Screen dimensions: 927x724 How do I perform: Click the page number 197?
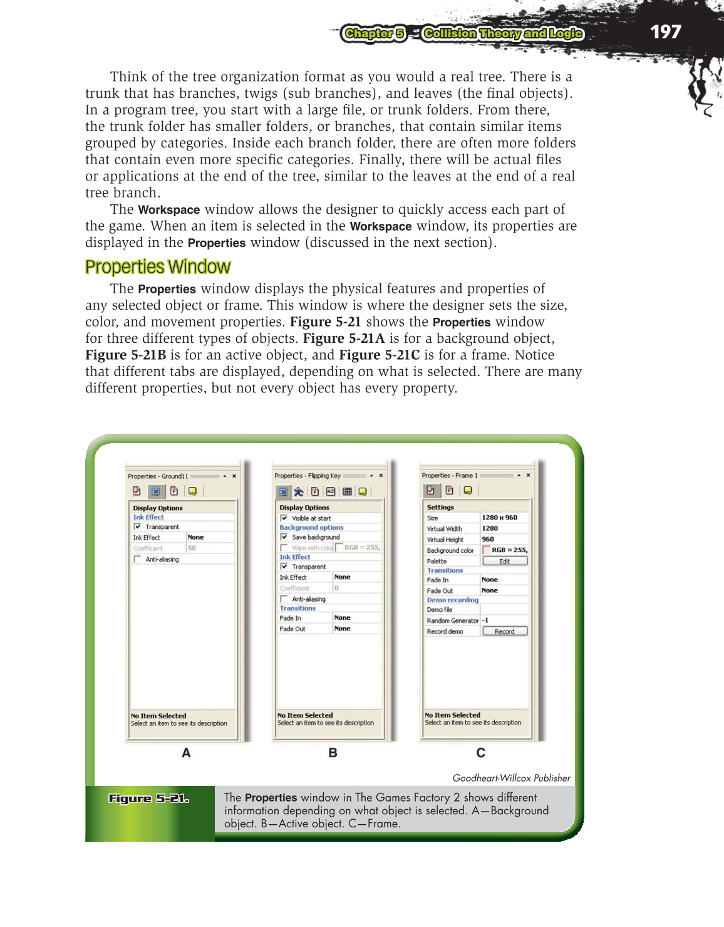(x=665, y=32)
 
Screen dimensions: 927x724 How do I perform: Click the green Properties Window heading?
(x=158, y=267)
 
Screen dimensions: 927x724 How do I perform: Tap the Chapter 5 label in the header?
(x=374, y=34)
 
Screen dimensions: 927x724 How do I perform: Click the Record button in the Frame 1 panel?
(x=505, y=631)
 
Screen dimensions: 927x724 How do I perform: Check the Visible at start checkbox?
(x=284, y=518)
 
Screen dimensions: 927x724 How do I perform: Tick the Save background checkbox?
(x=284, y=537)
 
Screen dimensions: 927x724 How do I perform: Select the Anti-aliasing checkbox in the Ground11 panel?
(x=137, y=559)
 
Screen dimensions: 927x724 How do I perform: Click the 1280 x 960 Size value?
(x=499, y=518)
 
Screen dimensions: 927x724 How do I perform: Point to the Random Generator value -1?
(x=485, y=621)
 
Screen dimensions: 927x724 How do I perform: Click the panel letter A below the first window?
(x=186, y=753)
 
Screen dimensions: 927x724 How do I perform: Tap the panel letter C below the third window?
(x=480, y=753)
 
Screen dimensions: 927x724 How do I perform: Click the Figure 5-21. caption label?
(x=148, y=799)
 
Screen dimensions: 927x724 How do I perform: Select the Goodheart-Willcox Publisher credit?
(x=511, y=778)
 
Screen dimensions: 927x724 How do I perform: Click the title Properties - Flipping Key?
(x=308, y=476)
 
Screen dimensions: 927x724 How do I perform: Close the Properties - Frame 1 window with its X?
(x=528, y=475)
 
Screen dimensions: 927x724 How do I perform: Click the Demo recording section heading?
(x=452, y=600)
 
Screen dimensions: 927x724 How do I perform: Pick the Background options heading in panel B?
(x=311, y=528)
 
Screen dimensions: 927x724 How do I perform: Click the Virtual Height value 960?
(x=488, y=539)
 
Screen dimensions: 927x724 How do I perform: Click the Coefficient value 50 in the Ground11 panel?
(x=192, y=548)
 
